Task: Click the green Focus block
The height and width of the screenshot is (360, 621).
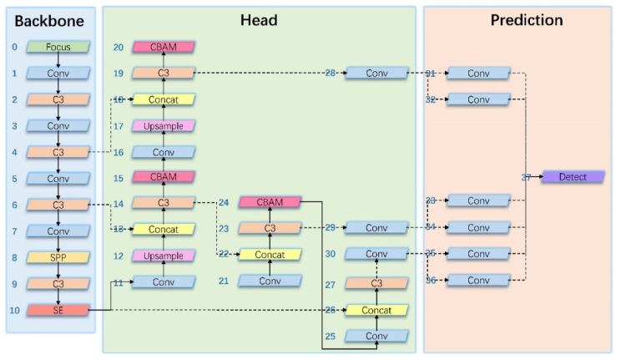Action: click(58, 47)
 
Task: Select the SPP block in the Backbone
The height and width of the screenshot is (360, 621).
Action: click(58, 257)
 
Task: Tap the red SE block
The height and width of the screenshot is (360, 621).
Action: click(58, 310)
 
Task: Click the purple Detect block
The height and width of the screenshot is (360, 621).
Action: click(573, 177)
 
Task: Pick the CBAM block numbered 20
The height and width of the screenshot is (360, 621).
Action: click(164, 47)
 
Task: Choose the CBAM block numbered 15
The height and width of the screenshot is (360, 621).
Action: click(164, 177)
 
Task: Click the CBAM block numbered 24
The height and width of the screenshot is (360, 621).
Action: click(270, 201)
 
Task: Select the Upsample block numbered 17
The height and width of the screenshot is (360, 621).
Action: click(164, 125)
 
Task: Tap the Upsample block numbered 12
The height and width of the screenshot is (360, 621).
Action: click(164, 255)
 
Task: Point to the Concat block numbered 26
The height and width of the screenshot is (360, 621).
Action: click(376, 310)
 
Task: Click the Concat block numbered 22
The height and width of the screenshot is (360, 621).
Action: click(270, 255)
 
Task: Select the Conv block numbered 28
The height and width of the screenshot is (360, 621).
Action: click(376, 74)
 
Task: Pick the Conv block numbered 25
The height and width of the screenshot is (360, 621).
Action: click(376, 336)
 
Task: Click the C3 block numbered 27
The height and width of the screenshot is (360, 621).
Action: click(376, 283)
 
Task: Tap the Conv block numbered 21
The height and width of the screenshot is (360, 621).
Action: click(270, 281)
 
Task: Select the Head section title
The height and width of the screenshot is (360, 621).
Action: click(258, 20)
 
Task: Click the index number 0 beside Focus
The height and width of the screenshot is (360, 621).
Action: click(14, 47)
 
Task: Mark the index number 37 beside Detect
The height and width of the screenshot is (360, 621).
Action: click(527, 177)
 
